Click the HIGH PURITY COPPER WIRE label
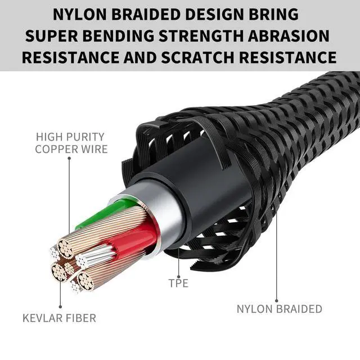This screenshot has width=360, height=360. tap(71, 143)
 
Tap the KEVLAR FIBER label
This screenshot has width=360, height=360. tap(59, 318)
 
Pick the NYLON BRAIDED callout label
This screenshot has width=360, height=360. tap(279, 309)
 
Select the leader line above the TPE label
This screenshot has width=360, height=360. tap(179, 262)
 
